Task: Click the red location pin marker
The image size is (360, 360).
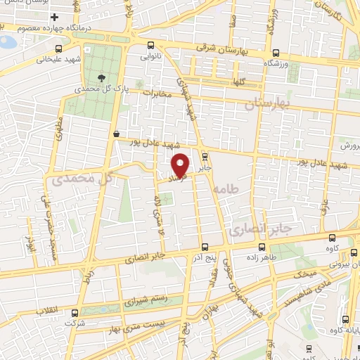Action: click(181, 165)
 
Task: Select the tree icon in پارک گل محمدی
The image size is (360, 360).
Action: click(103, 77)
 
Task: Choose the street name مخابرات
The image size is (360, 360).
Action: click(157, 92)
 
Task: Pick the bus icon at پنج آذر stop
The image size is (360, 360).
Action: click(204, 247)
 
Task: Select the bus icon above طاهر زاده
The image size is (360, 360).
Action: click(263, 247)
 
